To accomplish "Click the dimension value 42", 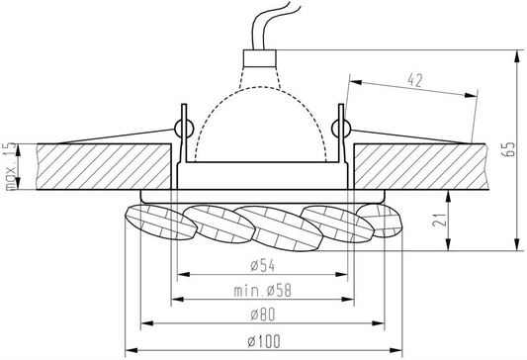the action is [x=414, y=80].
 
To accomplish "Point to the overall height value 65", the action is [x=508, y=149].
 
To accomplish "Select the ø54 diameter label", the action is [x=262, y=265].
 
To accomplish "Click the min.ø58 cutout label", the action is [x=262, y=291].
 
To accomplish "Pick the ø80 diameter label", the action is [x=262, y=315].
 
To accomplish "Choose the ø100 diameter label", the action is [x=264, y=341].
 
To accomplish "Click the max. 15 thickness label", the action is [x=11, y=166].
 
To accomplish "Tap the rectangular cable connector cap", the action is [x=259, y=58].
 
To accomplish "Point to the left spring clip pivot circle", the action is [x=184, y=128].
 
